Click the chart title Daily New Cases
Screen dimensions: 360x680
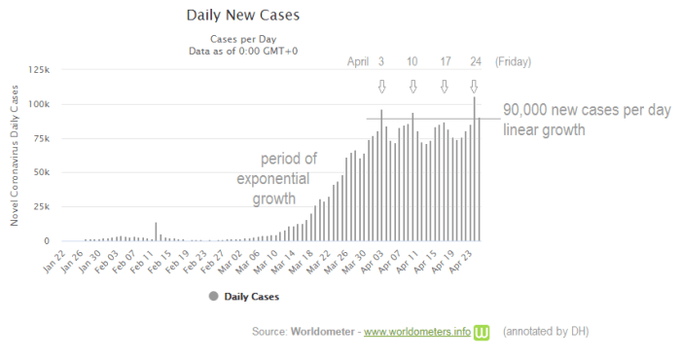(242, 17)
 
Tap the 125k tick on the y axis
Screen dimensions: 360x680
(41, 70)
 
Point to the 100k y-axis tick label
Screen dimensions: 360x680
(41, 104)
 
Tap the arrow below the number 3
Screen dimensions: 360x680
(381, 87)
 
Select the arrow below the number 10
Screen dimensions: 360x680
(412, 87)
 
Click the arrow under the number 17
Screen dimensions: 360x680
(445, 87)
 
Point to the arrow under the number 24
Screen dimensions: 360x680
(475, 87)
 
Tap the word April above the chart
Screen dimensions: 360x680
(359, 62)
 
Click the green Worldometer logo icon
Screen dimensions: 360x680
(482, 333)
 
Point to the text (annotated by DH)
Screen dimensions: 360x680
(546, 333)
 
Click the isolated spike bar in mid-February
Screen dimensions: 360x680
(156, 232)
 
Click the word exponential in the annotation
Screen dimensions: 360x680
(273, 181)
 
